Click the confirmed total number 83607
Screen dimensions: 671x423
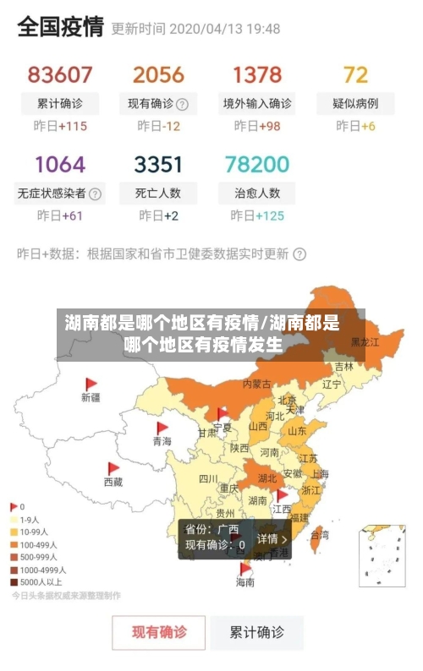(x=60, y=74)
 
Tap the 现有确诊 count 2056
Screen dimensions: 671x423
(x=158, y=74)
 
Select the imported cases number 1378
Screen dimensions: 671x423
(x=257, y=74)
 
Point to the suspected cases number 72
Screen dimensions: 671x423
(x=356, y=74)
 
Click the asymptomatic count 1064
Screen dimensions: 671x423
(x=60, y=163)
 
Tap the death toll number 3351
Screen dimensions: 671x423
(x=158, y=163)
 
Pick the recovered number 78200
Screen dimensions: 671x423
(x=257, y=163)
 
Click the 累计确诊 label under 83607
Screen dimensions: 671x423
(x=60, y=104)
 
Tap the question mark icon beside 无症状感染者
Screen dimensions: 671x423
(x=96, y=193)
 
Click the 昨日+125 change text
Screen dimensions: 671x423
(x=257, y=215)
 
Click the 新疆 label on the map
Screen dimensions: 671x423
(x=91, y=396)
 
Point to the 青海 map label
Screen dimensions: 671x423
(x=162, y=441)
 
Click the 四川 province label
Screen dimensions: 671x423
(x=208, y=478)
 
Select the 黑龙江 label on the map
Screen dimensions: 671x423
(x=365, y=342)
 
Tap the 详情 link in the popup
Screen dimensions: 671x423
(x=272, y=538)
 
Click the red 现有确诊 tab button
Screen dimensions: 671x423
(x=159, y=631)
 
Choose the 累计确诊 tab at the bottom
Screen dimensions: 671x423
(x=257, y=631)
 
